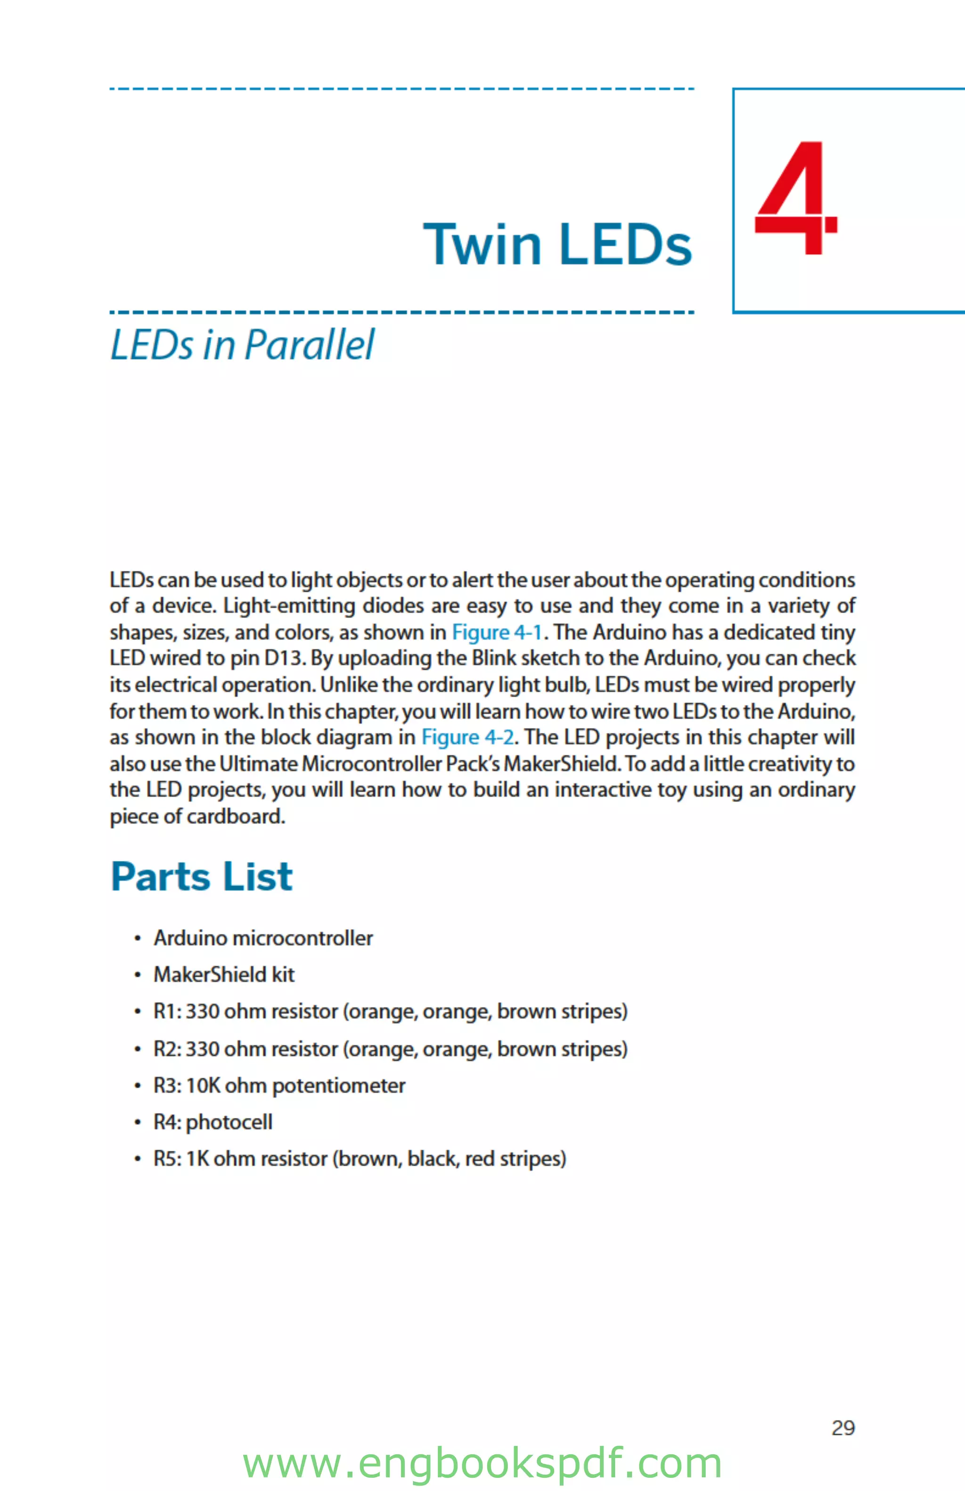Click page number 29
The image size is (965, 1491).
(x=843, y=1428)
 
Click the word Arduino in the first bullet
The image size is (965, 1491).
(x=190, y=938)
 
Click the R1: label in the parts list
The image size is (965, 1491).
(x=167, y=1012)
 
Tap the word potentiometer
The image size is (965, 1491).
(x=338, y=1086)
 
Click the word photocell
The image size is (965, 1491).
(x=229, y=1122)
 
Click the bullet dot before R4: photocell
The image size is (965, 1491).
(x=137, y=1122)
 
